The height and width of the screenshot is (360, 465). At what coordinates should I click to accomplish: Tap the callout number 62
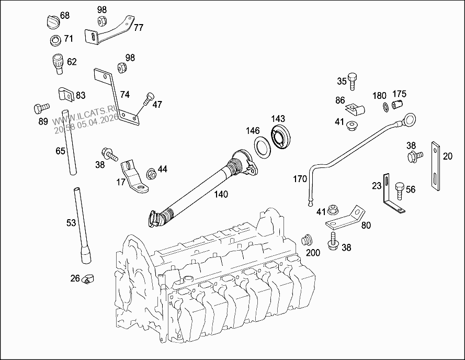[x=72, y=62]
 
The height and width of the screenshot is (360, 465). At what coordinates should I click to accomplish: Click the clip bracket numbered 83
[x=64, y=95]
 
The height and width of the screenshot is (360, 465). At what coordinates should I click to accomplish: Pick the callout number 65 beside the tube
[x=60, y=151]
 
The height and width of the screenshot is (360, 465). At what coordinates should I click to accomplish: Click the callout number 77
[x=138, y=28]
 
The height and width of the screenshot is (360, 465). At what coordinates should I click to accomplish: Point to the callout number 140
[x=221, y=194]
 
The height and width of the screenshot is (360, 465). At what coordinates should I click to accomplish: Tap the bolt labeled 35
[x=353, y=81]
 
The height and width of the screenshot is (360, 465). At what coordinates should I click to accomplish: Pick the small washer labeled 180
[x=384, y=107]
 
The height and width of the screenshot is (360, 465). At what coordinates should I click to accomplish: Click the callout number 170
[x=300, y=179]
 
